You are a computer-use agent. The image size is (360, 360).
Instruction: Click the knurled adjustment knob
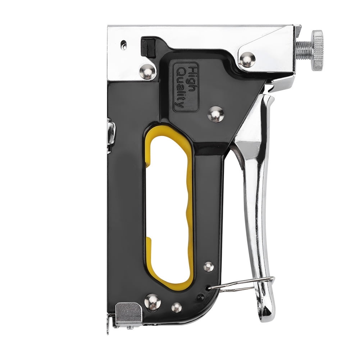coord(317,50)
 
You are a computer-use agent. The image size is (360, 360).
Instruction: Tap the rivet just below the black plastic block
coord(147,72)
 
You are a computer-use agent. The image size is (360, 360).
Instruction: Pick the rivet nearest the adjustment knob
coord(247,59)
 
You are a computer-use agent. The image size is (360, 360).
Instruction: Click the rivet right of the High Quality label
coord(215,114)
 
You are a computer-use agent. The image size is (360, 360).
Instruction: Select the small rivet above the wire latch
coord(209,267)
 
